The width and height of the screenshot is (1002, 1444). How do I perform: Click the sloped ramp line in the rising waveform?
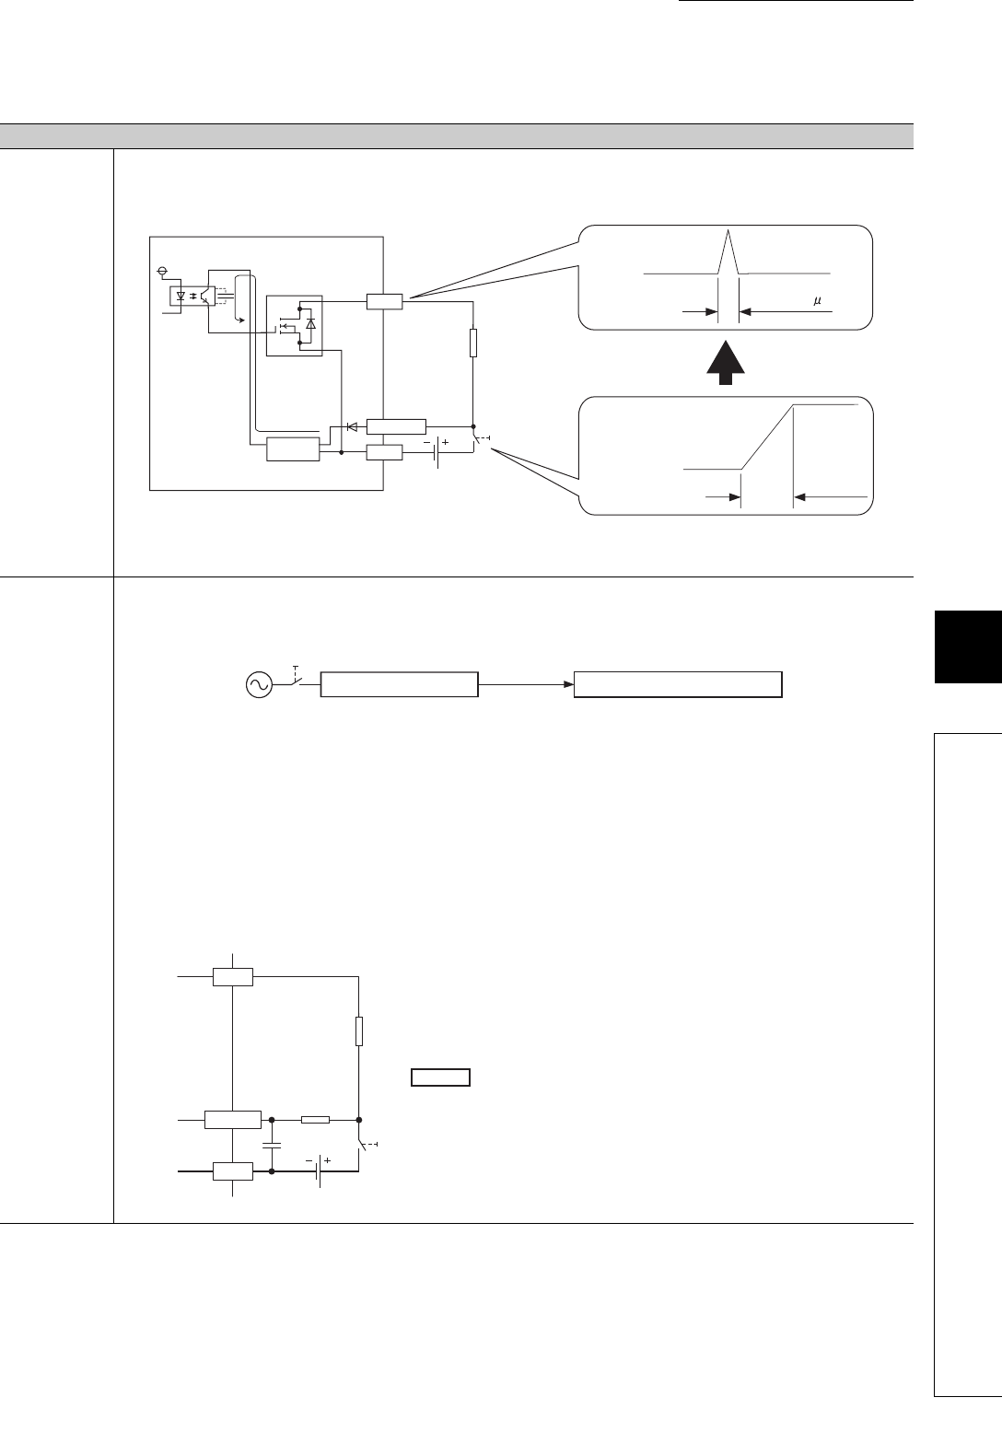pos(767,437)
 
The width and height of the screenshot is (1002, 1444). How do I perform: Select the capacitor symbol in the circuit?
pos(273,1146)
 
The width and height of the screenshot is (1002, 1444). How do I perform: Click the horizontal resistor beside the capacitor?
pos(315,1120)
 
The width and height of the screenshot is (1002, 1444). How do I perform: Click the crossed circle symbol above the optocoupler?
pos(163,272)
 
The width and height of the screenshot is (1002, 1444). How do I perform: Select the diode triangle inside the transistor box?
pos(310,323)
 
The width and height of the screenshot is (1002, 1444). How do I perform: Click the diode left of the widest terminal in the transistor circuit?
pos(351,426)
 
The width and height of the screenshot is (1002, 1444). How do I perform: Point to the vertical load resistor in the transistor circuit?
pos(472,343)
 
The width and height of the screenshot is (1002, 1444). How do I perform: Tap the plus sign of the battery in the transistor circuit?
pos(446,442)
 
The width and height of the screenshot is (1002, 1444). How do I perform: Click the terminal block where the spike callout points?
pos(384,301)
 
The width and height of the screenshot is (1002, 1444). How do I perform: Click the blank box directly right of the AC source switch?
pos(399,685)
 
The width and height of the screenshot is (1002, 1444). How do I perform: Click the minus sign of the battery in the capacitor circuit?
pos(308,1161)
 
